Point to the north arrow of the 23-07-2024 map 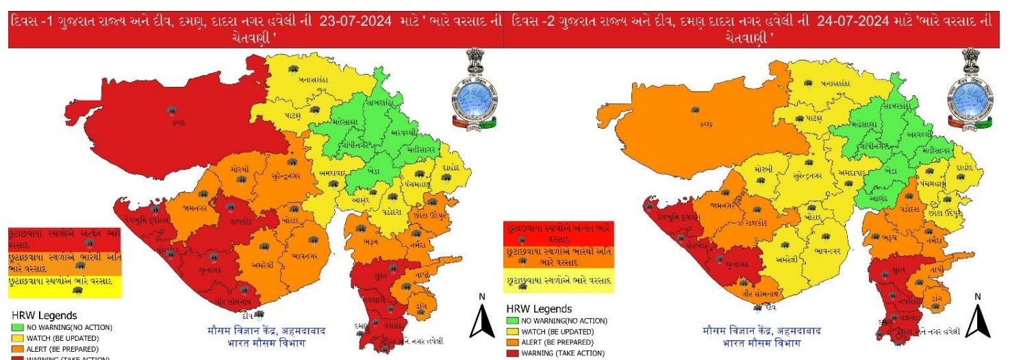481,318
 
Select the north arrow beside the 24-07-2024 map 977,318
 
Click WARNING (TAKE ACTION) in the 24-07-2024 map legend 563,353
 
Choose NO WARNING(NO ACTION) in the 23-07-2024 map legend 70,328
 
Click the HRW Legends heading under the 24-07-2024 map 538,309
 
